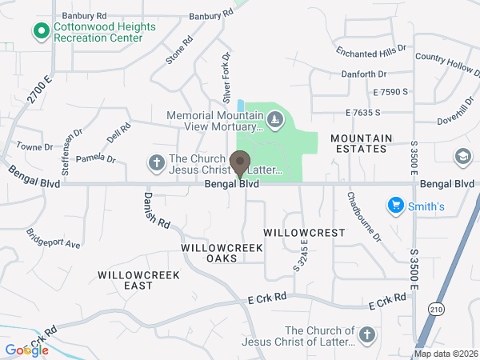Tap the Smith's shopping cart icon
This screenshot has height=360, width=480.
pos(394,206)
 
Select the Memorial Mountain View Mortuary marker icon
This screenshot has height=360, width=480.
pos(274,121)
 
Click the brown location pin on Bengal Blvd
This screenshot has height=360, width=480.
pos(239,164)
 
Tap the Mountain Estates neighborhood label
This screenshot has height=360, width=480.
pos(362,143)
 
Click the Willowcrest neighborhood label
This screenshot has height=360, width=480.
pos(304,233)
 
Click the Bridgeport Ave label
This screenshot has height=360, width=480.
pos(54,238)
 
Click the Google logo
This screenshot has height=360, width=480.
pos(26,350)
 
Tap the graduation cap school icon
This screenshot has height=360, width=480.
pos(462,156)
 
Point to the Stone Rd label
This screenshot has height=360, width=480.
pos(179,50)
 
